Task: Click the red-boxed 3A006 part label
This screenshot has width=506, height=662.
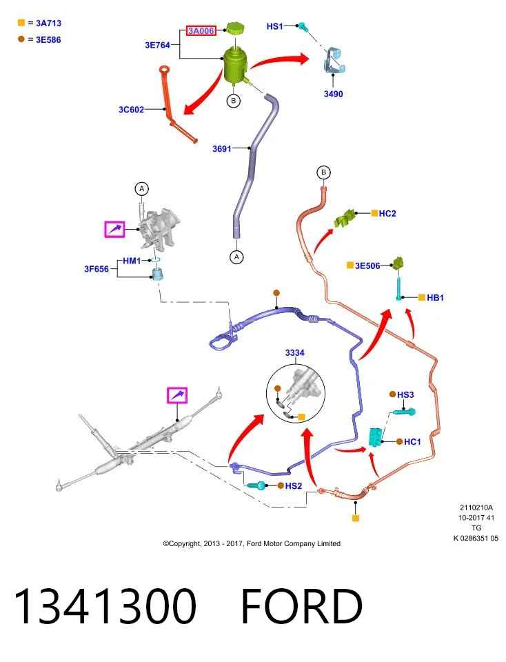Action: (x=201, y=31)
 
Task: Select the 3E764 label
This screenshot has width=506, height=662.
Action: (x=157, y=46)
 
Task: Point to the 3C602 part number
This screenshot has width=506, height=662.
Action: (x=131, y=110)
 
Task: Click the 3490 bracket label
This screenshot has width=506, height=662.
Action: (x=334, y=94)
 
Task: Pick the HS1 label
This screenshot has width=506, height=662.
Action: (x=275, y=26)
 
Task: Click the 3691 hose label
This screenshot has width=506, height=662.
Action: (x=222, y=149)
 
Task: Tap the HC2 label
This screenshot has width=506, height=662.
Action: (x=387, y=214)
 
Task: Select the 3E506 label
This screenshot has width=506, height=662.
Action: (x=367, y=265)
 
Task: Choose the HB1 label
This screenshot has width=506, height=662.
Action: (x=435, y=298)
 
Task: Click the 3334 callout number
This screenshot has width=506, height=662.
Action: (x=294, y=352)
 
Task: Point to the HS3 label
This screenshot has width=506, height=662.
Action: (x=405, y=394)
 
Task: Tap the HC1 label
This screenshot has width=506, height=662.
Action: (x=412, y=442)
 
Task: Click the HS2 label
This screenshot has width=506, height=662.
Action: (x=294, y=486)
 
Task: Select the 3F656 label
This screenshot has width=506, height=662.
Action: (x=97, y=269)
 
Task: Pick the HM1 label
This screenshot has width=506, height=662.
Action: (x=132, y=261)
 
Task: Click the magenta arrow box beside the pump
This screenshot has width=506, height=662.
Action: (x=115, y=229)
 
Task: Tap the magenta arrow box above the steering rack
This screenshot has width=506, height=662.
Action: (x=177, y=395)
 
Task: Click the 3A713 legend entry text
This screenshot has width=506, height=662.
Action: (x=48, y=23)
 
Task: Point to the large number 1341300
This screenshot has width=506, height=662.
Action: (x=105, y=606)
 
